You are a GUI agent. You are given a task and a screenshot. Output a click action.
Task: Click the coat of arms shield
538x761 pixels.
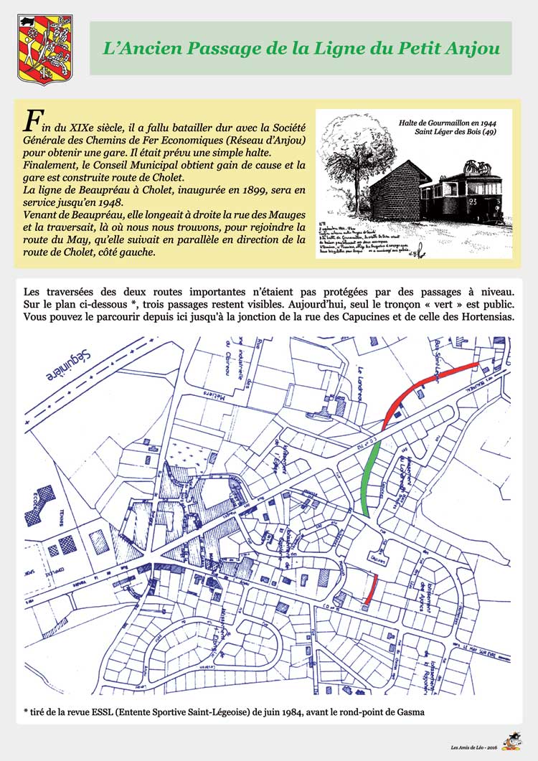click(34, 49)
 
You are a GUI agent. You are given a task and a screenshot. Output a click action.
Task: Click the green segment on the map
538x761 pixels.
click(371, 478)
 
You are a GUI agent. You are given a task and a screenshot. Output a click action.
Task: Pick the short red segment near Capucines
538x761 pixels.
click(370, 589)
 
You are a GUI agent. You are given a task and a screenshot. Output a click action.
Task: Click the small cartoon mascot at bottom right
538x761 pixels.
click(511, 740)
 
